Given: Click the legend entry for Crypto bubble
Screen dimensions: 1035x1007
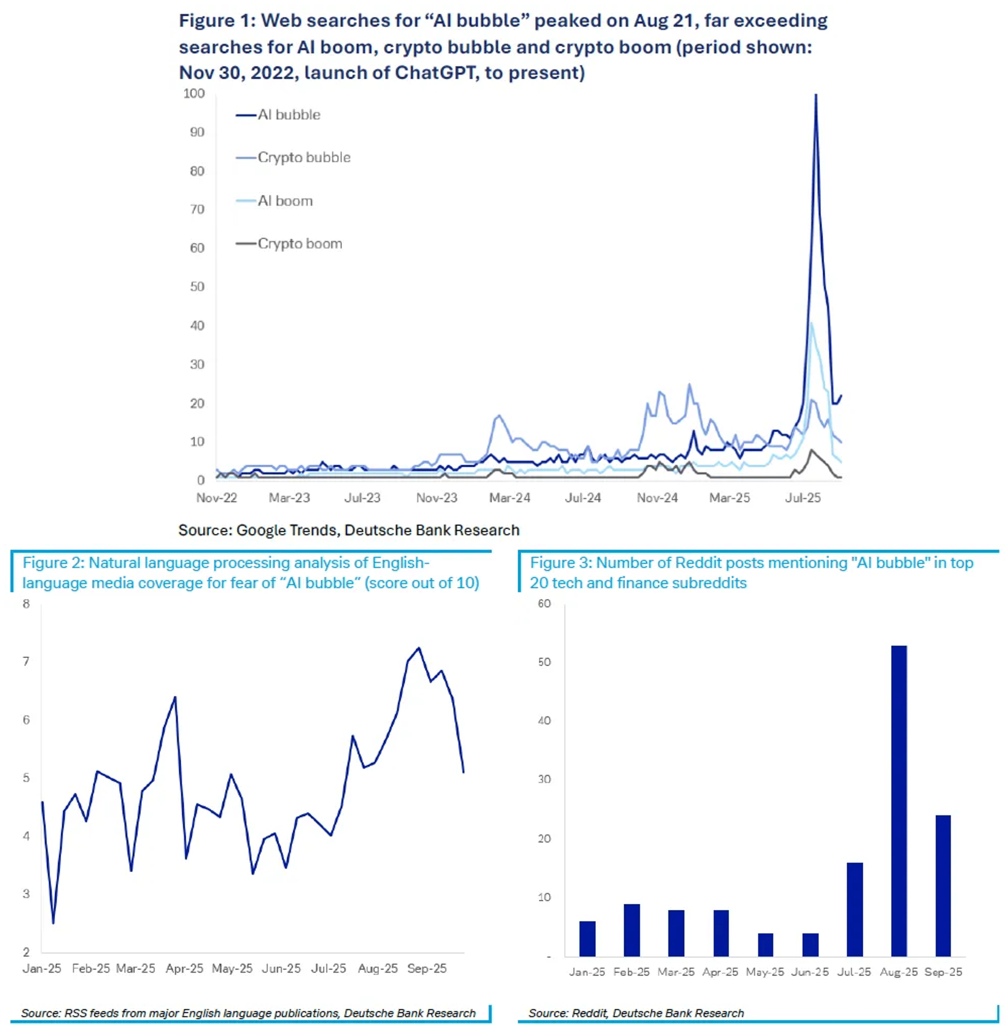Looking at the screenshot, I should pos(304,157).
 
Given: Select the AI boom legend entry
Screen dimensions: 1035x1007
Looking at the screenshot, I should pos(285,201).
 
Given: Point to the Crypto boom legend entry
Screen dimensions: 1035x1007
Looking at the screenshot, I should pos(299,244).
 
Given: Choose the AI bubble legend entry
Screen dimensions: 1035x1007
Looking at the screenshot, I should pos(288,115).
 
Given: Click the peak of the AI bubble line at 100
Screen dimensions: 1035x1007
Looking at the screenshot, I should pos(815,96).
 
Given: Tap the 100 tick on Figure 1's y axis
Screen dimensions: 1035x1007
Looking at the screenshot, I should pos(194,93).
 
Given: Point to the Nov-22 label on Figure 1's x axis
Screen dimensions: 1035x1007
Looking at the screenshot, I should pos(217,498).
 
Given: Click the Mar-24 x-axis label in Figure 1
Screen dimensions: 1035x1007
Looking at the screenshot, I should pos(510,498).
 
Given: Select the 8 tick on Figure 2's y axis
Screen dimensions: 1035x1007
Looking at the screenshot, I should pos(26,604).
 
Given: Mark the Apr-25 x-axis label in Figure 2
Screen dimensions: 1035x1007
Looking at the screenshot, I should pos(184,968).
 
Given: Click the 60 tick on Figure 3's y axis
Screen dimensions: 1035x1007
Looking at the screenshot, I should pos(544,604).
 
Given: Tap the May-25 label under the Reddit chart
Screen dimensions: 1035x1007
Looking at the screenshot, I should pos(765,972).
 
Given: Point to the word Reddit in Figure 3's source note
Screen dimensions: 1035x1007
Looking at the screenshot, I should pos(589,1013).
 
